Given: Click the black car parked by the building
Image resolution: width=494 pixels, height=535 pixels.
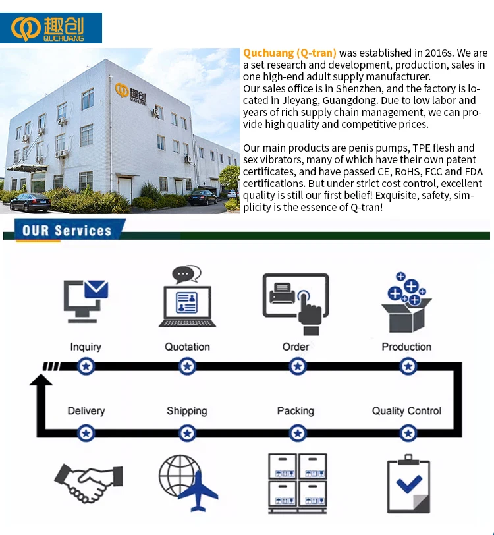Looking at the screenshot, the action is [31, 202].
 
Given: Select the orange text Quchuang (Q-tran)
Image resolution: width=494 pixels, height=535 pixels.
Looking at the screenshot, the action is [290, 53].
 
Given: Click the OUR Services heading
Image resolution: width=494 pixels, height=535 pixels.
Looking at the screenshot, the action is [67, 231].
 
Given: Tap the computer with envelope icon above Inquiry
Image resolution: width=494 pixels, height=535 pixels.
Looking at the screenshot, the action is [86, 302].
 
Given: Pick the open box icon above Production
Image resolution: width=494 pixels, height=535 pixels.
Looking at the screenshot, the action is [406, 303].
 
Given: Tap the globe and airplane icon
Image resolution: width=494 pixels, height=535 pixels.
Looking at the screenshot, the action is [188, 482].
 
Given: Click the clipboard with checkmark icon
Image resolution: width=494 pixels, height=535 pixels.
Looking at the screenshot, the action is [408, 484].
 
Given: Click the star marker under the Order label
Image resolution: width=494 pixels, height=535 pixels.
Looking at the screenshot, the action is [298, 366].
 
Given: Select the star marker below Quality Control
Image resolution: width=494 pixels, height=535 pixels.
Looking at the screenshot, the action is [408, 433].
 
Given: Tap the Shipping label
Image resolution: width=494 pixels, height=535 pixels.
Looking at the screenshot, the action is [187, 411].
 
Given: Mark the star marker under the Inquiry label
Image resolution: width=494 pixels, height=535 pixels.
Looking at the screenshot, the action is [86, 366].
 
